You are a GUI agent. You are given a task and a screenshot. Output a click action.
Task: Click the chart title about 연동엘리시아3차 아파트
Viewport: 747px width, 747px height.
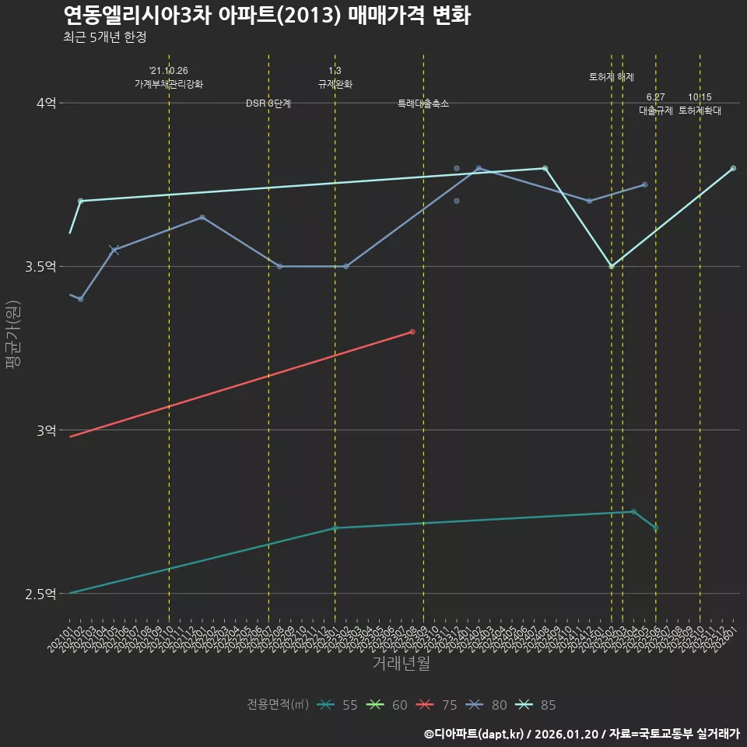[266, 16]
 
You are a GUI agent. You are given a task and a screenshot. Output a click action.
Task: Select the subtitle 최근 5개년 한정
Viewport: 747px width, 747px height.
[104, 37]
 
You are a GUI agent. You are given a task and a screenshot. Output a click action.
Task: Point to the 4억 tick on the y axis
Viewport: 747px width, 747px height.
[46, 103]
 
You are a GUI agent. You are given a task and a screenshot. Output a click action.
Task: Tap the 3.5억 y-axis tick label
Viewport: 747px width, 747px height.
[40, 266]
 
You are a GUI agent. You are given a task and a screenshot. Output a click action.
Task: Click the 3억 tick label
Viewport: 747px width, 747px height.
[46, 430]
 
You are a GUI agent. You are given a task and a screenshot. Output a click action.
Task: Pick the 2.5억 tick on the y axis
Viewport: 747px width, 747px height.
[40, 594]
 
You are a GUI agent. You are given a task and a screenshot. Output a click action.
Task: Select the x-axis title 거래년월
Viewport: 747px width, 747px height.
[401, 663]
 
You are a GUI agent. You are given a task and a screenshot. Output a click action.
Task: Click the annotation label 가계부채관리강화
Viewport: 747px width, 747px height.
[169, 84]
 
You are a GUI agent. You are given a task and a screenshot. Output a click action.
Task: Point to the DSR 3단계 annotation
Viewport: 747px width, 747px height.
[268, 103]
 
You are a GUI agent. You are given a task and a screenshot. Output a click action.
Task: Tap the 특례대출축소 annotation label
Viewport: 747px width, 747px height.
[423, 103]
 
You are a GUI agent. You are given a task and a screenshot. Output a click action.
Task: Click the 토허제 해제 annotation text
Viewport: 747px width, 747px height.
[612, 77]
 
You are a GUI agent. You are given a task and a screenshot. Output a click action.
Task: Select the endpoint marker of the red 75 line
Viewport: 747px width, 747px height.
[412, 331]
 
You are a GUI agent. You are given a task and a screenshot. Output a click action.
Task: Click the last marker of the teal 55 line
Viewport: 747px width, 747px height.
[656, 528]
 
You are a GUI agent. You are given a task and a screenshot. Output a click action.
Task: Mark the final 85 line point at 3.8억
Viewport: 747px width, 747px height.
[733, 168]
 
